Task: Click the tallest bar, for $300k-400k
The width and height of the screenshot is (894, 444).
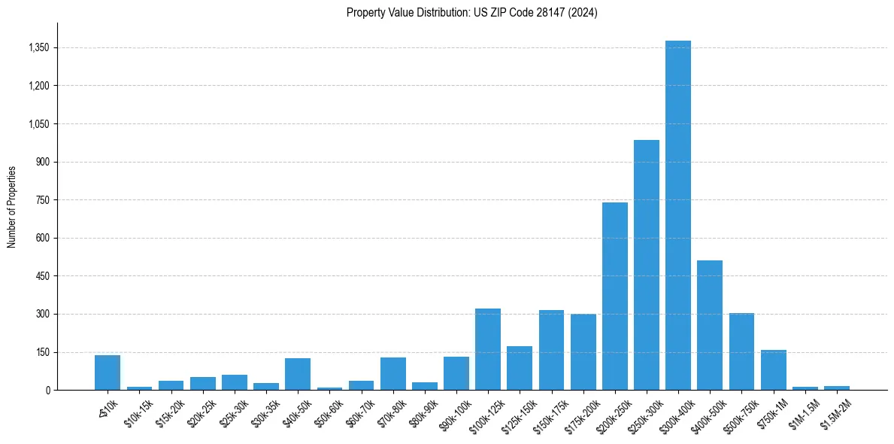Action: [677, 215]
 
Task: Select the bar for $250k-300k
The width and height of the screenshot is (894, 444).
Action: [646, 265]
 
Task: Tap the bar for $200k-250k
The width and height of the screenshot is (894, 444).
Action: [614, 296]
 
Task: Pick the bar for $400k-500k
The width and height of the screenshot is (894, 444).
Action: [709, 325]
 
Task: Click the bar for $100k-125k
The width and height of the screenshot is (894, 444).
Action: [487, 349]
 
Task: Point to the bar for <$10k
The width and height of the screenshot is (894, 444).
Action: [108, 373]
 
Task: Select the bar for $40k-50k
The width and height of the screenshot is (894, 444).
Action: [297, 374]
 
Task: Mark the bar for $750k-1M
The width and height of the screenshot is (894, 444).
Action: [773, 369]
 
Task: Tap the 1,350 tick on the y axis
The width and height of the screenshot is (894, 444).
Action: [38, 48]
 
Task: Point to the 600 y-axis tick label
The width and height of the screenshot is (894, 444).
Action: [42, 239]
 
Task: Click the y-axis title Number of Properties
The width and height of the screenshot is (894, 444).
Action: [11, 207]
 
